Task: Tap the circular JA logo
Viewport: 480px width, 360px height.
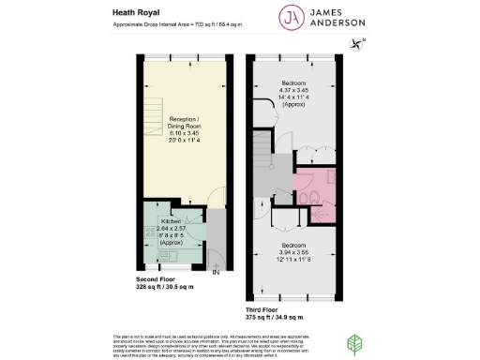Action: (292, 17)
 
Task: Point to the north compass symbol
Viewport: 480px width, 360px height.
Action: (357, 42)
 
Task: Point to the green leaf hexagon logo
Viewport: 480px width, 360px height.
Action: (356, 344)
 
